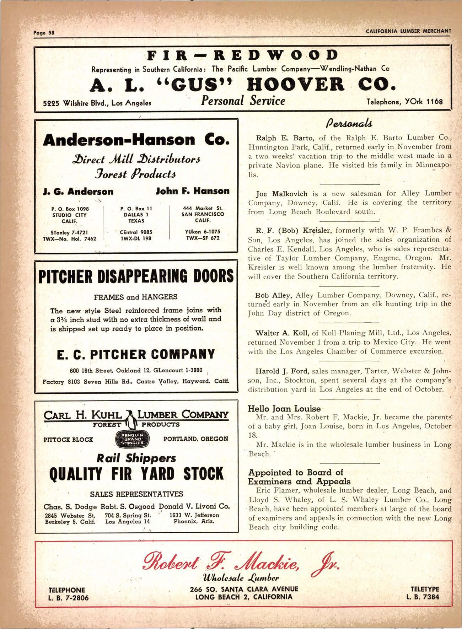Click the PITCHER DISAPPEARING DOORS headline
point(136,276)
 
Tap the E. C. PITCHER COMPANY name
point(136,354)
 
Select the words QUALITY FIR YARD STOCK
point(136,474)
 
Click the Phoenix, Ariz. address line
point(194,522)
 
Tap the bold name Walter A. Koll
point(283,333)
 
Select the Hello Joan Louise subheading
point(284,409)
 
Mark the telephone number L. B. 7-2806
point(68,597)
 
